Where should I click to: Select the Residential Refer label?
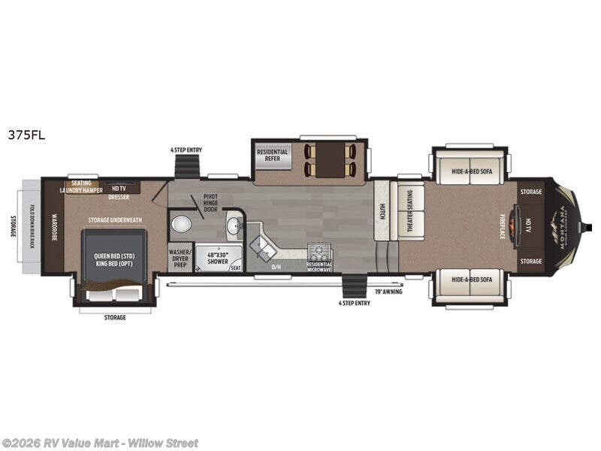tap(272, 156)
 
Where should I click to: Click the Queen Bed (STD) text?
tap(113, 256)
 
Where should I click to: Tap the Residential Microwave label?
tap(319, 265)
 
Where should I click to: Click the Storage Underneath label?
tap(114, 219)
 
